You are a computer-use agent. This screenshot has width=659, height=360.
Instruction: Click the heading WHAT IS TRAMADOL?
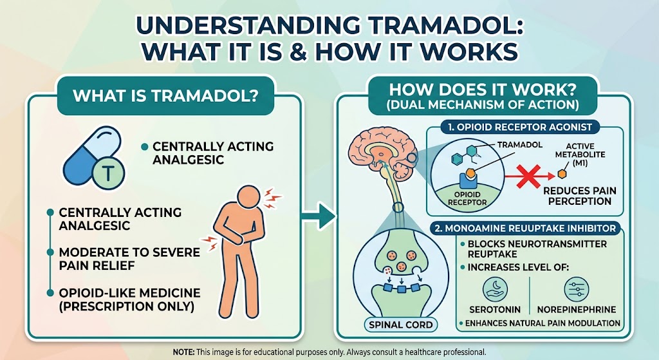coord(165,97)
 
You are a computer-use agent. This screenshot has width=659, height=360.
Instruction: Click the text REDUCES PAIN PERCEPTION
coord(577,196)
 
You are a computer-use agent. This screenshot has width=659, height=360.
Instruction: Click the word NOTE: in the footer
coord(187,352)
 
